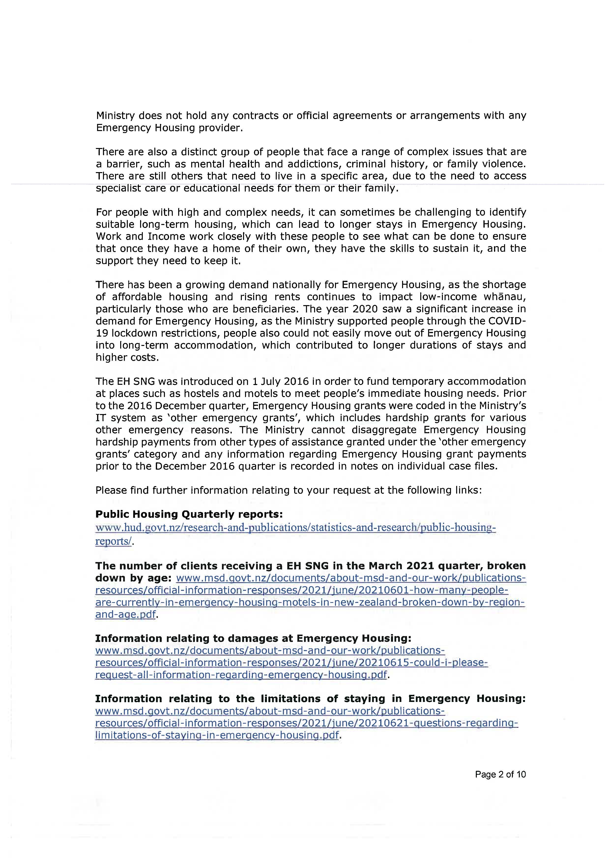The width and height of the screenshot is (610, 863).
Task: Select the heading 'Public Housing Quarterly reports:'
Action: (189, 514)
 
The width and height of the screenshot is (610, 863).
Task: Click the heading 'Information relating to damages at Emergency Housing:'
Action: (253, 638)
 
